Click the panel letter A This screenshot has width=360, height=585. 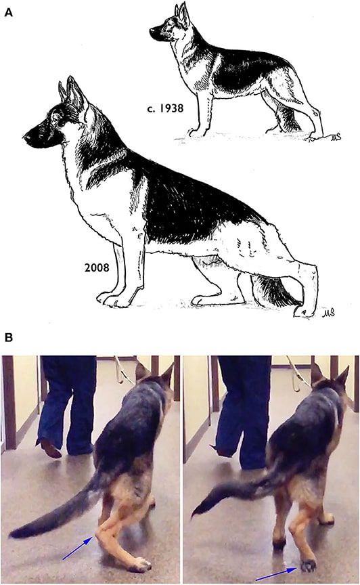(x=8, y=12)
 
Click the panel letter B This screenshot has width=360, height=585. (x=8, y=338)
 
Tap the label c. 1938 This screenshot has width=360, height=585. (x=165, y=108)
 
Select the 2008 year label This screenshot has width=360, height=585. (x=97, y=267)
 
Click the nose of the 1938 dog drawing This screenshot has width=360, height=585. (x=152, y=30)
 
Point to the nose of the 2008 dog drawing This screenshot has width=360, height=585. (x=27, y=137)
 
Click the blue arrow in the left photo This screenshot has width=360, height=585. (x=78, y=548)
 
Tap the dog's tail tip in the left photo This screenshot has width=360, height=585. (x=12, y=534)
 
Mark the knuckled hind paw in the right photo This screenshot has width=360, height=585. (x=307, y=565)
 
